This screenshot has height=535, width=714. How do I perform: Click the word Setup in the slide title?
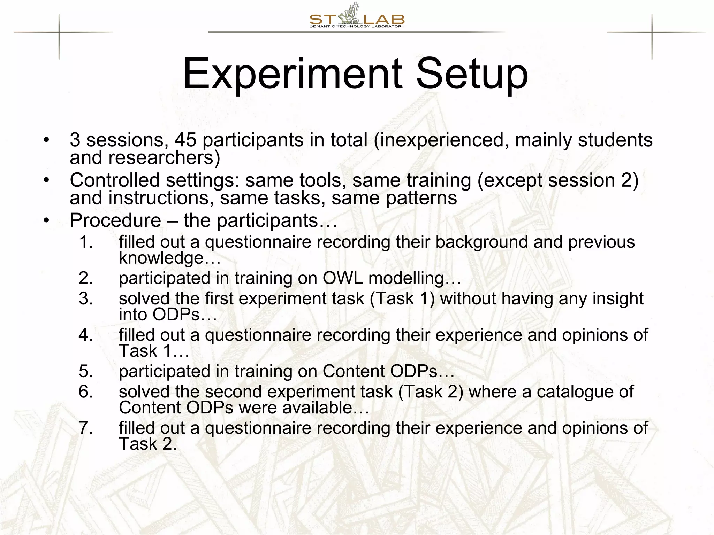(x=472, y=74)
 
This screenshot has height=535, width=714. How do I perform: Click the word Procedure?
(x=115, y=220)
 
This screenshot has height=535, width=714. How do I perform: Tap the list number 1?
(x=86, y=242)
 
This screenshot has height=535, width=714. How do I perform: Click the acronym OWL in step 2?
(x=342, y=278)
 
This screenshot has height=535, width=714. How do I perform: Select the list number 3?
(x=86, y=298)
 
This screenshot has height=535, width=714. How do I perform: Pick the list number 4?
(x=86, y=335)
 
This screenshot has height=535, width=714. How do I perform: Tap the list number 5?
(x=86, y=371)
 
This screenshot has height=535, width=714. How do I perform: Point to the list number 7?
(x=86, y=428)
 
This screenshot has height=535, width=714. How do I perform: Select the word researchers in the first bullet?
(x=164, y=157)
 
